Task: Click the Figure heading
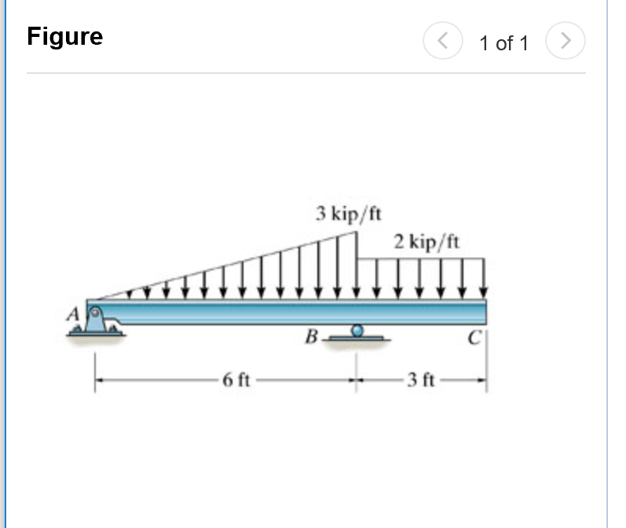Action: point(64,36)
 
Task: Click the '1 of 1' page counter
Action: point(503,43)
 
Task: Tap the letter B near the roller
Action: point(311,339)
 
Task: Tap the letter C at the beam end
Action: point(473,339)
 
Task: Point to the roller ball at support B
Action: point(357,332)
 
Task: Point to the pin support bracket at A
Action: point(95,319)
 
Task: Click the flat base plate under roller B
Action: point(357,339)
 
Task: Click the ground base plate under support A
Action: point(95,334)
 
